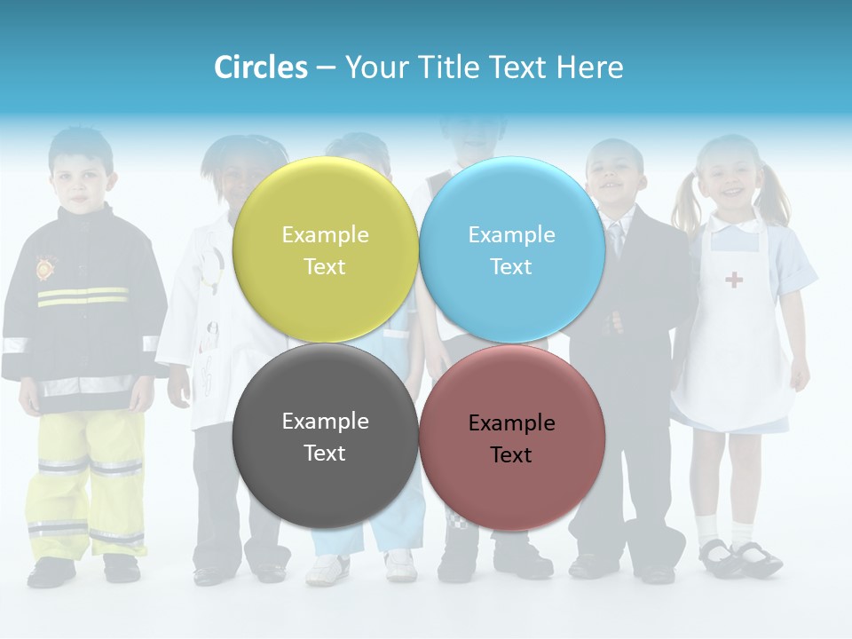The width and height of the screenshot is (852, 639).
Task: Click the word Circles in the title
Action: (x=261, y=67)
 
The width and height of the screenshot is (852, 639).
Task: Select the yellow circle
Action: (x=325, y=249)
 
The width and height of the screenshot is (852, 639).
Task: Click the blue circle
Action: (x=512, y=249)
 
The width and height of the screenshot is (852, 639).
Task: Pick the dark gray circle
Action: (x=325, y=436)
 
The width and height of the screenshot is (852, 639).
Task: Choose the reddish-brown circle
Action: (x=512, y=438)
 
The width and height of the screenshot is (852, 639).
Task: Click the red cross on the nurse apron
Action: (x=734, y=280)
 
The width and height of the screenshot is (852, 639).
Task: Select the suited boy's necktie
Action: (x=617, y=238)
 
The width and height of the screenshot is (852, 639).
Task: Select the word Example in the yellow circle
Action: (x=325, y=234)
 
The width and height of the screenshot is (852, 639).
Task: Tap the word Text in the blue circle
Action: (x=511, y=266)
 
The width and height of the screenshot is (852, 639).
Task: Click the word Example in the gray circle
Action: (x=325, y=421)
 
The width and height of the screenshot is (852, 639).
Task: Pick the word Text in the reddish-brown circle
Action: (x=511, y=454)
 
